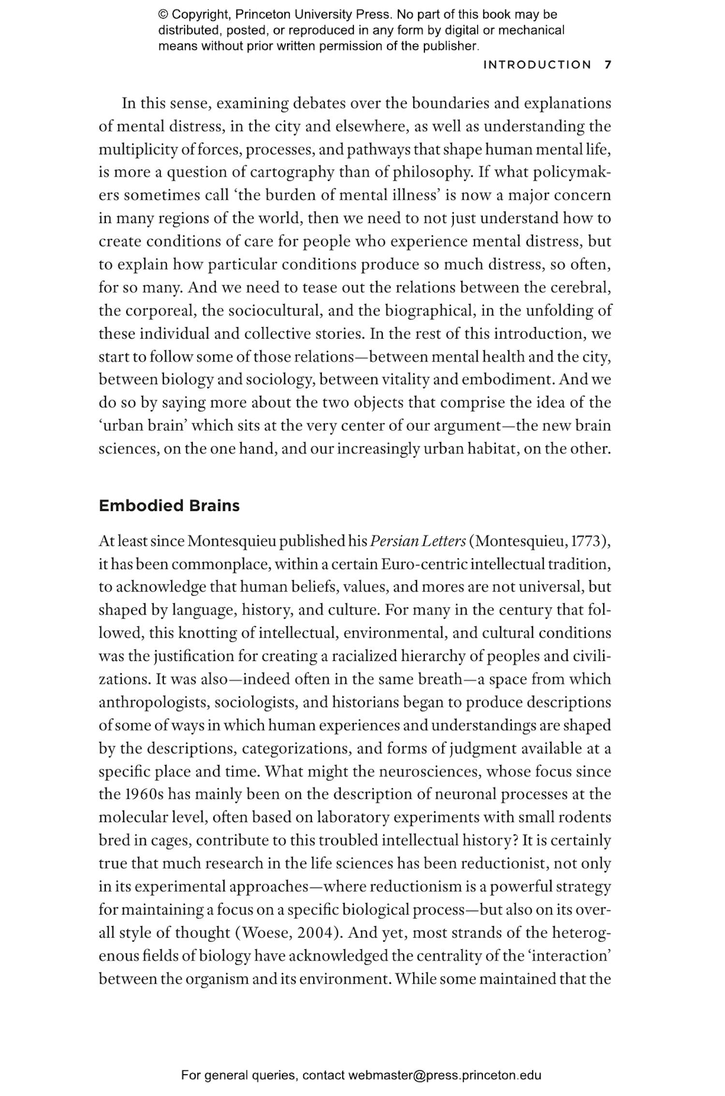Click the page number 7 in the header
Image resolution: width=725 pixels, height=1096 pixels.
click(x=608, y=65)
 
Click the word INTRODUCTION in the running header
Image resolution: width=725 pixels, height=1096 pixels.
click(x=537, y=65)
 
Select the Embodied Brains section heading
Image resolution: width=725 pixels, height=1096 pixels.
click(x=169, y=506)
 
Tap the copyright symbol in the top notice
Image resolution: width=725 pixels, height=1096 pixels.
click(x=163, y=15)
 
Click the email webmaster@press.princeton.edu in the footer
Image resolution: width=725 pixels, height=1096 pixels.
click(x=444, y=1075)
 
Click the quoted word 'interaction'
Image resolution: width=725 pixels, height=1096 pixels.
click(x=581, y=956)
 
